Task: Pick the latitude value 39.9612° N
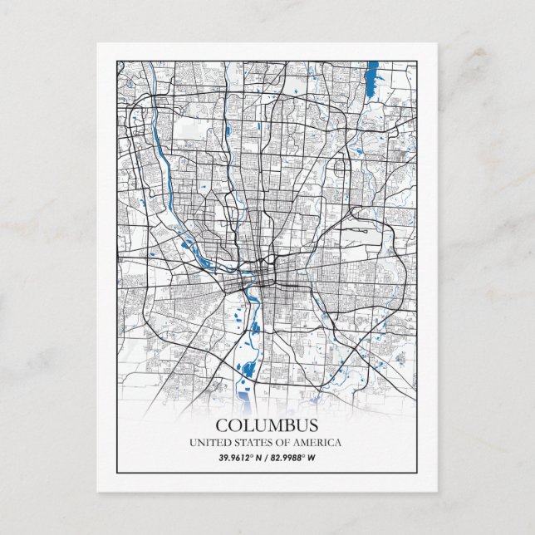[x=242, y=457]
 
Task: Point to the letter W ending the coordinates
[x=313, y=457]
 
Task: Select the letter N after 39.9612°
[x=259, y=457]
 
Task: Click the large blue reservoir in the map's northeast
[x=371, y=74]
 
